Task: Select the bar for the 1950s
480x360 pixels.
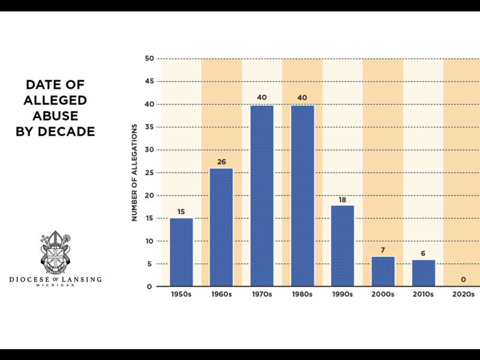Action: pyautogui.click(x=181, y=252)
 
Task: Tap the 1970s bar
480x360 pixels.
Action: pyautogui.click(x=262, y=196)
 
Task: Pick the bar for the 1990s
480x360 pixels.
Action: pyautogui.click(x=343, y=245)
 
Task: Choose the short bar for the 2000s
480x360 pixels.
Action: pyautogui.click(x=383, y=271)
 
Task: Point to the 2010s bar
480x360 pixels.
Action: pyautogui.click(x=424, y=272)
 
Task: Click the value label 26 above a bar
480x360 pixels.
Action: pyautogui.click(x=221, y=161)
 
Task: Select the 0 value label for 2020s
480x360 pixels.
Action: pyautogui.click(x=463, y=280)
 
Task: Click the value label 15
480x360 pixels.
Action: pyautogui.click(x=181, y=211)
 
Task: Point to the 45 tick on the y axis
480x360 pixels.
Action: pyautogui.click(x=149, y=82)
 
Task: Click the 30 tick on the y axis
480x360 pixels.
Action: pyautogui.click(x=149, y=150)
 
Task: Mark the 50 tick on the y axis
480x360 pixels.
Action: pyautogui.click(x=149, y=59)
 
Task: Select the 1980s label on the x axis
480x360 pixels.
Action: pyautogui.click(x=302, y=295)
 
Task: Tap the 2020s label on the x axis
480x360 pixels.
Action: pyautogui.click(x=463, y=295)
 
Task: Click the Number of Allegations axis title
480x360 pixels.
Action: pyautogui.click(x=135, y=172)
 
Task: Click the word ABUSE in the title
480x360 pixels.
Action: pyautogui.click(x=55, y=116)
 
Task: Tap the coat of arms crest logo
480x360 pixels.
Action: pyautogui.click(x=55, y=252)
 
